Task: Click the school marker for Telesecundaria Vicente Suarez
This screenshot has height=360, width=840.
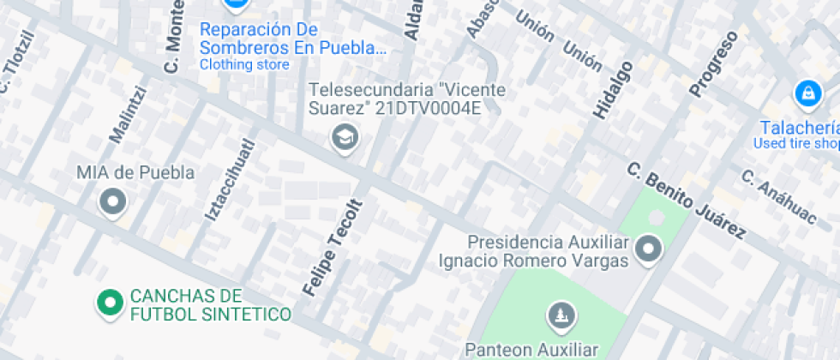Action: tap(345, 137)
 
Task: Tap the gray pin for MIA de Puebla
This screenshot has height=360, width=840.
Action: tap(113, 203)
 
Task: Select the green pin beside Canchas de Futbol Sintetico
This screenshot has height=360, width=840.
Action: tap(110, 303)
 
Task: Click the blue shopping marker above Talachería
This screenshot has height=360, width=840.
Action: tap(807, 93)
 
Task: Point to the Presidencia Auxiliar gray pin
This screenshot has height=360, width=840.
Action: tap(649, 249)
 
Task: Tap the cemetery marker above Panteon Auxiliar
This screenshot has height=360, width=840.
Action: tap(561, 315)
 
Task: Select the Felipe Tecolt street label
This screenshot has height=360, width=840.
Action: tap(333, 248)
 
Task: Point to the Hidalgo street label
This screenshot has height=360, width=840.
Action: tap(612, 89)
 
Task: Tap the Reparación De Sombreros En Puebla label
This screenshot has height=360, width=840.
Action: tap(293, 38)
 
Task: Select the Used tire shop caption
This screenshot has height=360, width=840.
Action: tap(795, 143)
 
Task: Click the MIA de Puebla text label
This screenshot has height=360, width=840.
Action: tap(135, 172)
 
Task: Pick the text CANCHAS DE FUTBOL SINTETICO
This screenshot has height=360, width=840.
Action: tap(210, 305)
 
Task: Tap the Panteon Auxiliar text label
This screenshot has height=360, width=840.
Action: tap(531, 349)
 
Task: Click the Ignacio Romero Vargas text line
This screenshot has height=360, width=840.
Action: tap(534, 259)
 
